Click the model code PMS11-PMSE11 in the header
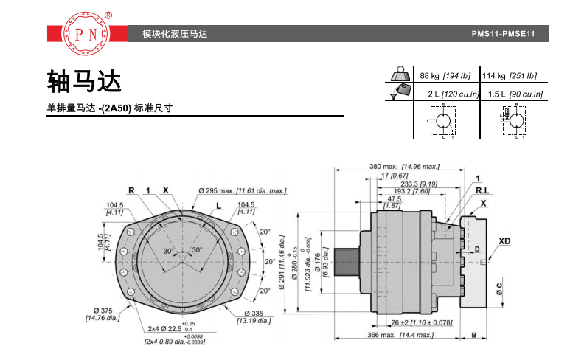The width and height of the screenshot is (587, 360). pos(501,35)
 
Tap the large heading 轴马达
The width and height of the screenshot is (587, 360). pos(83,80)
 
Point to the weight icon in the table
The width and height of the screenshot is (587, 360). pos(401,75)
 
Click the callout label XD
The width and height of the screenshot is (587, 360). pos(504,241)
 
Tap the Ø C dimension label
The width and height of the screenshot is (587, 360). pos(499,288)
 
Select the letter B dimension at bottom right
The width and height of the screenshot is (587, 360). pos(473,336)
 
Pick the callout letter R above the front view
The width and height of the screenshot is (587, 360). pos(131,190)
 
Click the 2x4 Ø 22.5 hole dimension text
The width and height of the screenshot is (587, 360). pos(169,328)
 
